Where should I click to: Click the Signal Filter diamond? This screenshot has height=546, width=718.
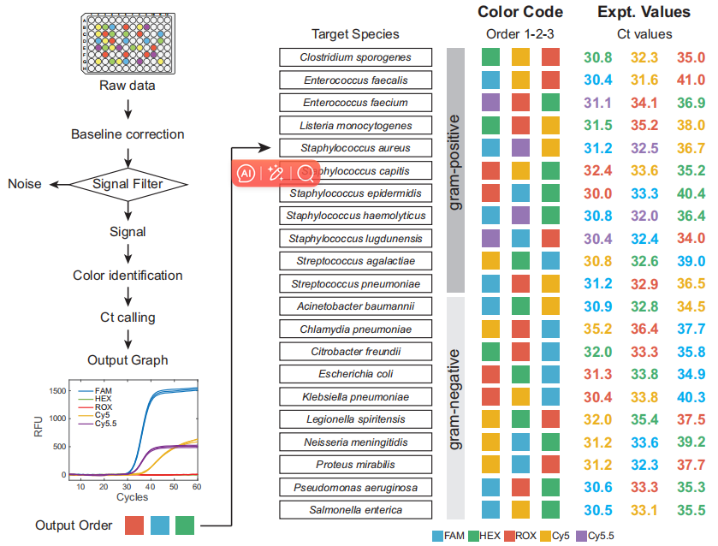pos(128,183)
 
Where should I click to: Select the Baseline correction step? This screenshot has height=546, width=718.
pos(128,134)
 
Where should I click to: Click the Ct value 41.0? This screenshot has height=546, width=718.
pos(691,80)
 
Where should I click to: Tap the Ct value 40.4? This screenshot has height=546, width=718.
pos(691,193)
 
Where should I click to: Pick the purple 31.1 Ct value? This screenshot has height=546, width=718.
pos(597,103)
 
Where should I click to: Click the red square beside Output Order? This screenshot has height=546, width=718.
pos(135,525)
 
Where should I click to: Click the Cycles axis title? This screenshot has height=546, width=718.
pos(132,497)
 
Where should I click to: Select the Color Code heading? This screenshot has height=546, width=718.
pos(520,12)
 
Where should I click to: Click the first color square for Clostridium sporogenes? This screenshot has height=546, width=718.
pos(490,57)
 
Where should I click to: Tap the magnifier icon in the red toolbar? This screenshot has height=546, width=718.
pos(304,173)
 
